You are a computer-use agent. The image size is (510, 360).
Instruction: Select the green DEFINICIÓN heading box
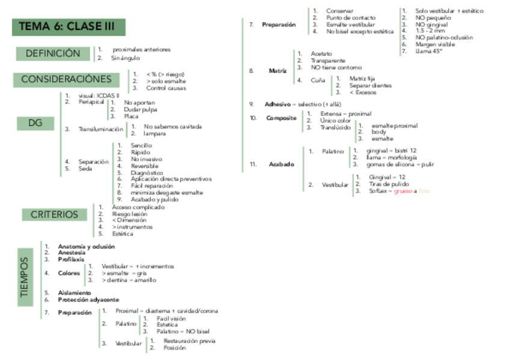coord(52,53)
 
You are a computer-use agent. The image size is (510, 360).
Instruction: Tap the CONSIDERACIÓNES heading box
coord(66,79)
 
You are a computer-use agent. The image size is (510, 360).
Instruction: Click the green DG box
coord(35,124)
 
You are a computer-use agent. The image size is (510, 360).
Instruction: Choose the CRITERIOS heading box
coord(54,215)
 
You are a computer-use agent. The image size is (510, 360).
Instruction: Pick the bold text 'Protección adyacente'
coord(88,299)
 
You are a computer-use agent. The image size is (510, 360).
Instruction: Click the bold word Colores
coord(69,273)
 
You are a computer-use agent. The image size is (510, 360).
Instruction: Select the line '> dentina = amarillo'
coord(129,280)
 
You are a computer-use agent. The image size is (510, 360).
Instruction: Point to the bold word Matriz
coord(277,71)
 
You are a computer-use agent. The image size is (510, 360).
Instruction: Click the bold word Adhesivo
coord(277,104)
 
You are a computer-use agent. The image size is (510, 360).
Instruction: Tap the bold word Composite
coord(281,118)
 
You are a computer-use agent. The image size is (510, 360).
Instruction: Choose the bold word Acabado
coord(281,164)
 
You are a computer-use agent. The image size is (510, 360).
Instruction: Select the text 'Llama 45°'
coord(428,51)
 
